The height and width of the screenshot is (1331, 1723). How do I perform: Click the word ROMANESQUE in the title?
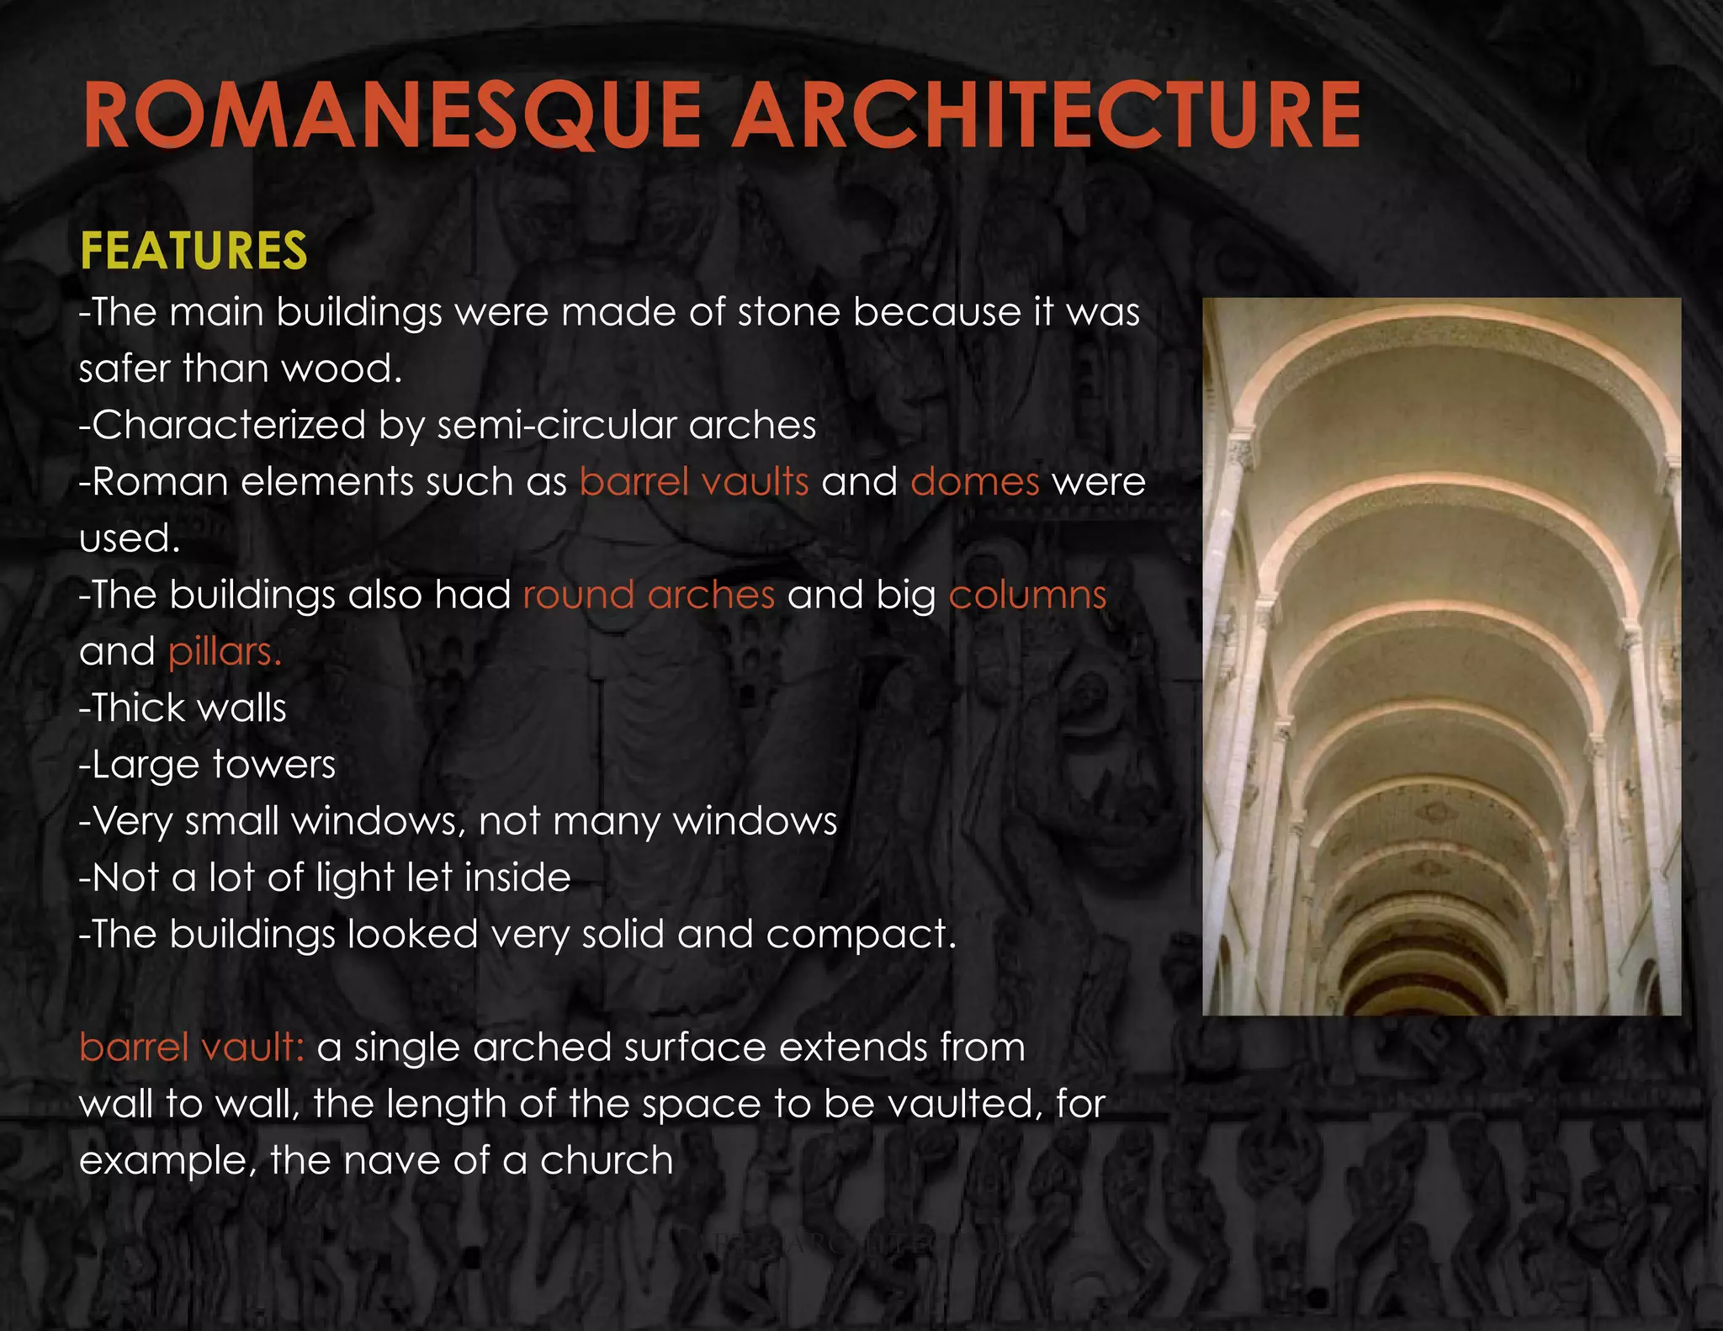[x=392, y=115]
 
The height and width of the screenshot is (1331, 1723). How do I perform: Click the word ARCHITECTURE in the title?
[x=1046, y=115]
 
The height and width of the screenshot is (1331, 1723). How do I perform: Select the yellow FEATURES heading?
[x=194, y=251]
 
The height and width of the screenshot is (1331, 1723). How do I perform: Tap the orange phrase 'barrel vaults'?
[x=694, y=482]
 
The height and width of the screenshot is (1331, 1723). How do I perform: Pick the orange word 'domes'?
[x=974, y=482]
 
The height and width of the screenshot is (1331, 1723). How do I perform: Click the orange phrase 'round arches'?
[x=649, y=595]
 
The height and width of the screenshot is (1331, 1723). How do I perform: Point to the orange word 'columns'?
[x=1027, y=595]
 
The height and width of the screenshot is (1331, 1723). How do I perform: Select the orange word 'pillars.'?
[x=225, y=652]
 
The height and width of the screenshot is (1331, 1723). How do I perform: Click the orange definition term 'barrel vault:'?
[x=191, y=1047]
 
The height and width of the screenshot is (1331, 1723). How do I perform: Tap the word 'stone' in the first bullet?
[x=788, y=313]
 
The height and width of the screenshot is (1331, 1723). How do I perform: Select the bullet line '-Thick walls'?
[x=183, y=708]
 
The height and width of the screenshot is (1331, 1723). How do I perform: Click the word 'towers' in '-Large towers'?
[x=274, y=765]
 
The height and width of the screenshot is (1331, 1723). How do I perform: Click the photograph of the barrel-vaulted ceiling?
[x=1441, y=656]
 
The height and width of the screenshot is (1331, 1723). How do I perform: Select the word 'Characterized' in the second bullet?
[x=228, y=426]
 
